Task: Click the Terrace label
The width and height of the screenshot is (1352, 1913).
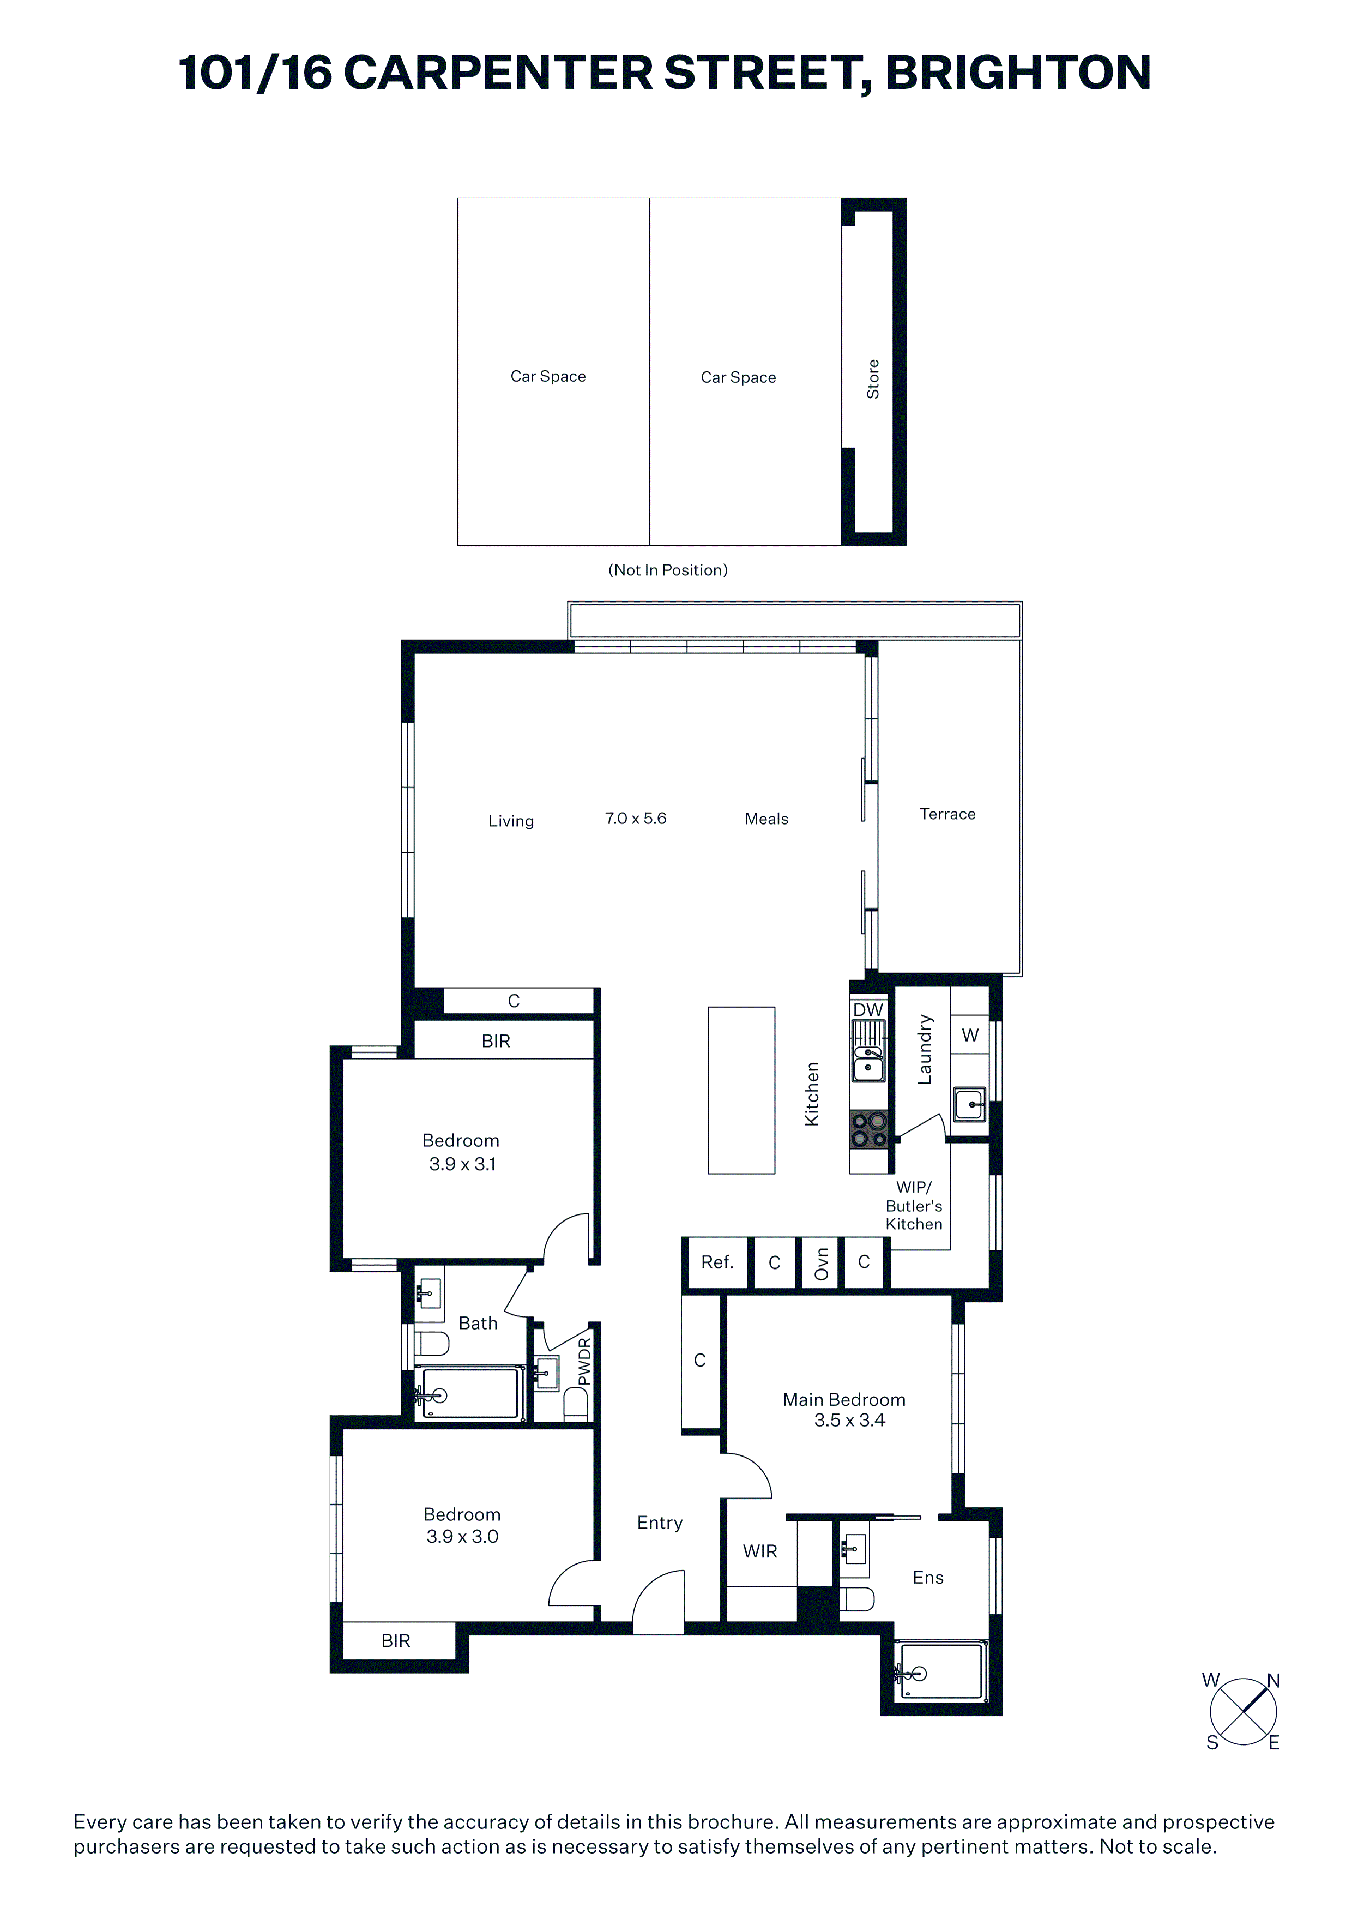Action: tap(947, 814)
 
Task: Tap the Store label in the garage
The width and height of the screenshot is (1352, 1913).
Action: tap(873, 379)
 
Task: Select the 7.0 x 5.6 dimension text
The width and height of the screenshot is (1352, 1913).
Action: tap(636, 818)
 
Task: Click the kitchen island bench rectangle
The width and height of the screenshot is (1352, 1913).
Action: tap(741, 1091)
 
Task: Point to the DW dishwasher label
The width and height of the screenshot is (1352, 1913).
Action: tap(868, 1010)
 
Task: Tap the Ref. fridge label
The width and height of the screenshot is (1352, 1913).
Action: tap(717, 1262)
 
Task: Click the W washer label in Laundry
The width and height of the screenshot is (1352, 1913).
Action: tap(970, 1036)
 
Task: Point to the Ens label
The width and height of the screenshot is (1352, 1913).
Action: tap(928, 1577)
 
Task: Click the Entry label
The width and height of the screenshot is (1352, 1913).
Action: tap(660, 1522)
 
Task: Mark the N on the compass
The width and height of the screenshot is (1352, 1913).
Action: tap(1273, 1681)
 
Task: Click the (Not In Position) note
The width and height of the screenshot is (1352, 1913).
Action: tap(668, 570)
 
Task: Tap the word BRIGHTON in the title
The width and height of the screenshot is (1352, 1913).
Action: tap(1019, 73)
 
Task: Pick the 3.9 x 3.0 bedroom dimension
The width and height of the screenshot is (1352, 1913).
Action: tap(462, 1536)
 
